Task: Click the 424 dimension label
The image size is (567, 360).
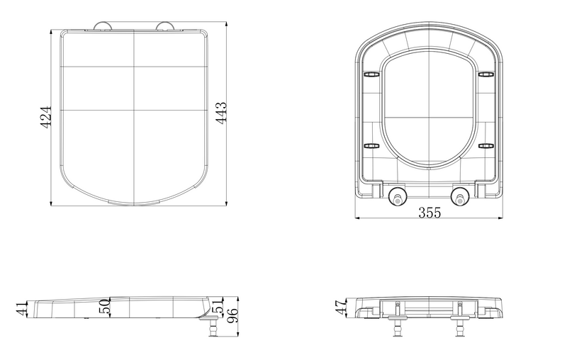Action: tap(45, 117)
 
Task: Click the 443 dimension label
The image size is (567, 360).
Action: tap(221, 113)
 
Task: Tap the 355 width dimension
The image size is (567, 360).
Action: tap(430, 213)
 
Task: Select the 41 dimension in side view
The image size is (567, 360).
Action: tap(22, 309)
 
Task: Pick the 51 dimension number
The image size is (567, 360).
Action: tap(218, 305)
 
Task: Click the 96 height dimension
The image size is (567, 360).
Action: tap(232, 315)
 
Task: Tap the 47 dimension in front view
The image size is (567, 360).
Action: tap(342, 307)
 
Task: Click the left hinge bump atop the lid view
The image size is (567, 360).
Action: tap(103, 26)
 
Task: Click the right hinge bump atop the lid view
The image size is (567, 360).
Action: tap(165, 26)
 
